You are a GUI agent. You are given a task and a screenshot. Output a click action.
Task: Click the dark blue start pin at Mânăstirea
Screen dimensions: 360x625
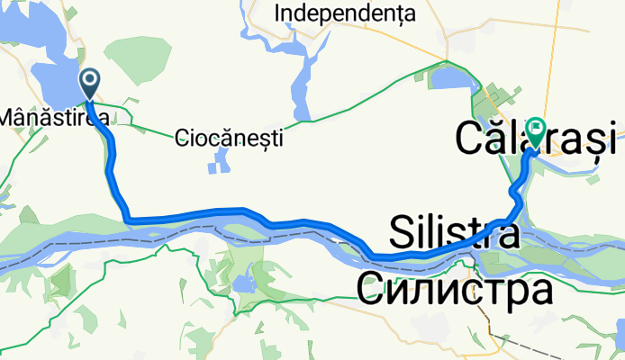pos(92,83)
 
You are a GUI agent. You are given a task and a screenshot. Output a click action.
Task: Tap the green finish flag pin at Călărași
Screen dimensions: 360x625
pos(537,131)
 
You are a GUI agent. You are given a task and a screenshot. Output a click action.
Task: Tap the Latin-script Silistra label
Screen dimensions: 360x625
pos(455,235)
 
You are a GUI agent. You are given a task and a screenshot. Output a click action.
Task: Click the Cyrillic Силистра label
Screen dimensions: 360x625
pos(453,290)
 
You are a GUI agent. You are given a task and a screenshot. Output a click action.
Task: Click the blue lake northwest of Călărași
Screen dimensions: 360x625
pos(450,79)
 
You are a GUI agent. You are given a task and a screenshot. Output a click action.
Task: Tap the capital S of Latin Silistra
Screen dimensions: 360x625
pos(403,235)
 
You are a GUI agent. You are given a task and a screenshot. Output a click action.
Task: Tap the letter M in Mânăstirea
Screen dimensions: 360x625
pos(10,117)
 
